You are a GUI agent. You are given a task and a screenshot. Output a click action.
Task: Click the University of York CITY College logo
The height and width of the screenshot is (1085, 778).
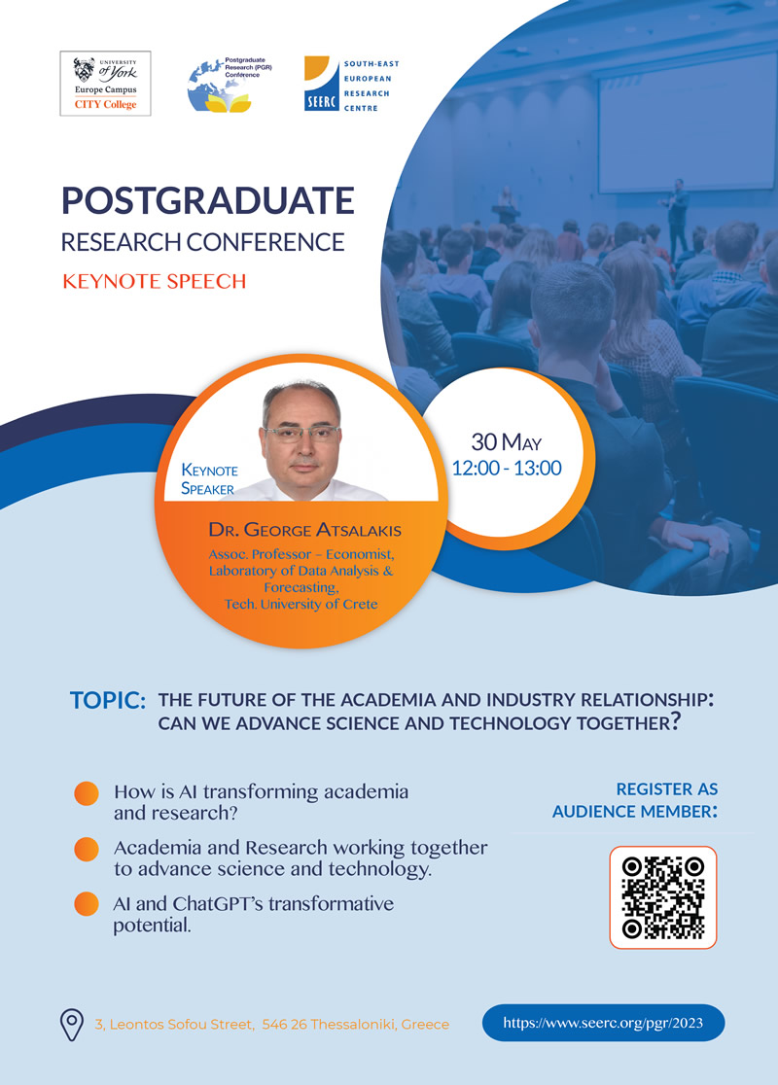105,85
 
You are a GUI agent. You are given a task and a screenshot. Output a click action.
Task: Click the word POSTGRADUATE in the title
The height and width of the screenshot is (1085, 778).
207,201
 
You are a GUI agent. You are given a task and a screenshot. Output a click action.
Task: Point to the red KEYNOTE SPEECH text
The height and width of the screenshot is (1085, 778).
154,282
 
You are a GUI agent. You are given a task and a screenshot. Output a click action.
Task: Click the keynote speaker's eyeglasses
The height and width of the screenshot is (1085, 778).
301,433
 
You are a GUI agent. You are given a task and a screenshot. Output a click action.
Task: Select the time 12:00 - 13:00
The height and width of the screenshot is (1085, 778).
507,468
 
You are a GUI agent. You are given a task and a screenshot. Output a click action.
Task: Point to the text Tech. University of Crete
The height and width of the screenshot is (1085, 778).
301,604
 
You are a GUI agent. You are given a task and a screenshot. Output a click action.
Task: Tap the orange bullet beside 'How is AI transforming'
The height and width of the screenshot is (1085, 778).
87,793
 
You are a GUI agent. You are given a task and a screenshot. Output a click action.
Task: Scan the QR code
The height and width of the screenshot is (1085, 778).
662,896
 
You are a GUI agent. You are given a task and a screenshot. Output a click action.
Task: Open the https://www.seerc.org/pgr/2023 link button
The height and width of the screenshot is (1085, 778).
603,1023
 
